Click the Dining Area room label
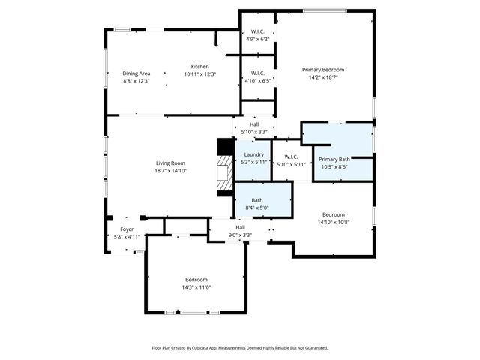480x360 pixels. click(136, 73)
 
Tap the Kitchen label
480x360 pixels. click(199, 67)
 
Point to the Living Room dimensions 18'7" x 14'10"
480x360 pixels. click(170, 171)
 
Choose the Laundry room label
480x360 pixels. click(253, 154)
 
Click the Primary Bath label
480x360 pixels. click(334, 159)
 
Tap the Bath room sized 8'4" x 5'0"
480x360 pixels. click(257, 200)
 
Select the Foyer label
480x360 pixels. click(127, 229)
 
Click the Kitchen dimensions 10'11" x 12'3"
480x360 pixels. click(199, 74)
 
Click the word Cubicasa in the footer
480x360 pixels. click(217, 348)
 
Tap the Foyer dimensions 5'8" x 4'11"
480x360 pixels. click(127, 237)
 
